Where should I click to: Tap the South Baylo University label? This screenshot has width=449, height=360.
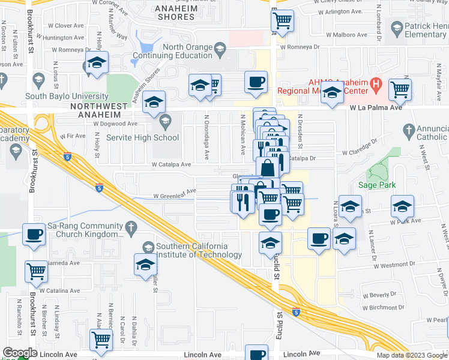click(x=67, y=96)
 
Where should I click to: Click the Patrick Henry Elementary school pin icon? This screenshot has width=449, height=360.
click(x=397, y=28)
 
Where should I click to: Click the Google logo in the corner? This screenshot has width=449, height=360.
click(x=20, y=353)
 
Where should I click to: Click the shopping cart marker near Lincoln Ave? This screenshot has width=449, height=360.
click(x=101, y=340)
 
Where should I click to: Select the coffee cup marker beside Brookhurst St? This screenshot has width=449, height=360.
click(x=35, y=234)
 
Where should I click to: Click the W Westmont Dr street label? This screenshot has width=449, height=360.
click(x=387, y=264)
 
